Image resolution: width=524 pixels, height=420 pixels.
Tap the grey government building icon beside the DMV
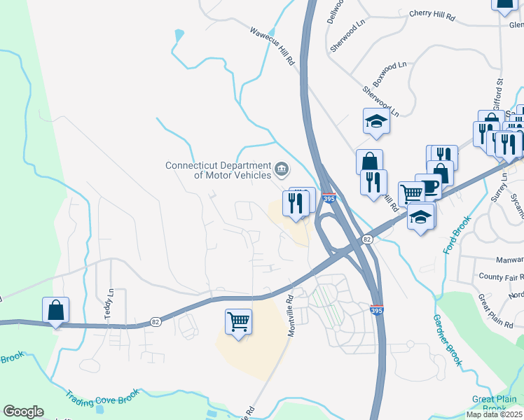[282, 167]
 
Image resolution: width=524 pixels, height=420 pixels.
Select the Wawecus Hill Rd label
[273, 46]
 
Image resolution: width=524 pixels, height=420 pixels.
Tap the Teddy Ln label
[109, 304]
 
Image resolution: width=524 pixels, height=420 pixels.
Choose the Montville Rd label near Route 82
[289, 308]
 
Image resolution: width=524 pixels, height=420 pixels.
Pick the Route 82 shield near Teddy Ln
[156, 322]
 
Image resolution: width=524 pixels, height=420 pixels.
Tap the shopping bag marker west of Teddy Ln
[55, 309]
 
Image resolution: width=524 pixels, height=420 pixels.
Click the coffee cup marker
[429, 186]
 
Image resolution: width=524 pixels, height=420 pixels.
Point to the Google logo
[23, 412]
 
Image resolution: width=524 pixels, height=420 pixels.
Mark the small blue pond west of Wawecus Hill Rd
[179, 34]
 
